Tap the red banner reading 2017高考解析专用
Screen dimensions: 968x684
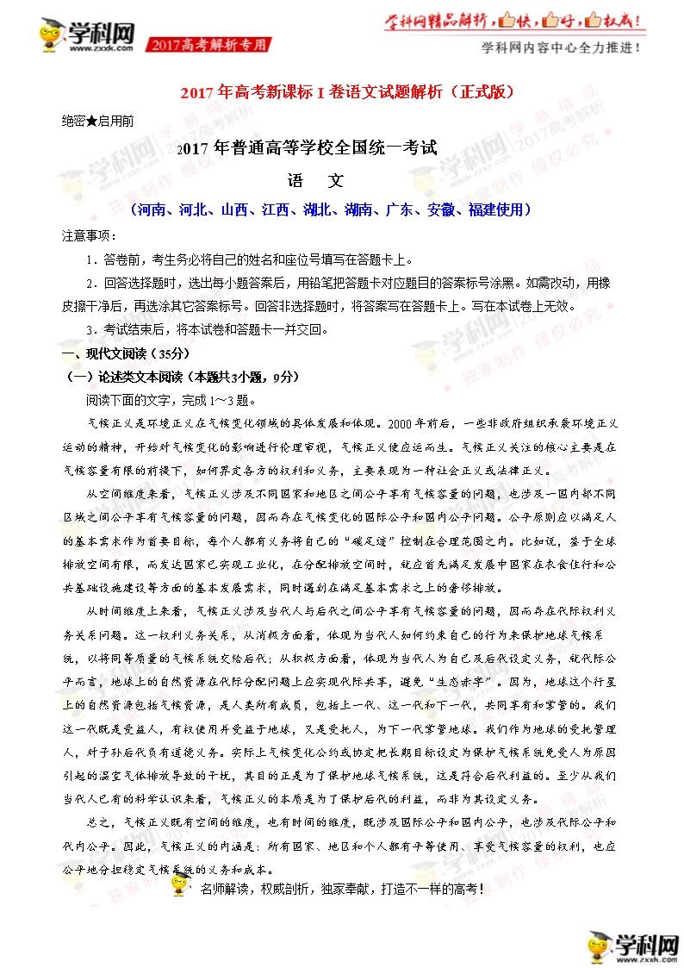[x=210, y=44]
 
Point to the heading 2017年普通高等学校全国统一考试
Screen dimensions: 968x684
[x=307, y=148]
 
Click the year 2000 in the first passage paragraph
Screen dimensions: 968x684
[x=406, y=424]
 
